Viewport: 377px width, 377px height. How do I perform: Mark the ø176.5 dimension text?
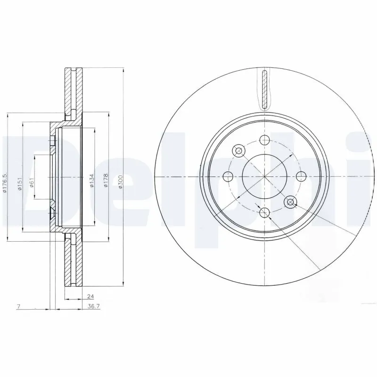[x=5, y=184]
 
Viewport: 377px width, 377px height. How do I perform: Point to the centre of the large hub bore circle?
[x=264, y=177]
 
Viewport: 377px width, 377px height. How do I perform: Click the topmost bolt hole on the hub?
[x=264, y=139]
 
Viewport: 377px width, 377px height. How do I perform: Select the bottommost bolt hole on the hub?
[x=264, y=213]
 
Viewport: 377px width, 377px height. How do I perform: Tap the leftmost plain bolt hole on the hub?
[x=228, y=177]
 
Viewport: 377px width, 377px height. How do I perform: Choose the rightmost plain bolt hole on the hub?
[x=300, y=177]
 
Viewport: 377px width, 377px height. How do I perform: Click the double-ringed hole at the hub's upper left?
[x=238, y=151]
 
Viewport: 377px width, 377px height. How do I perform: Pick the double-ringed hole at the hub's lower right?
[x=290, y=202]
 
